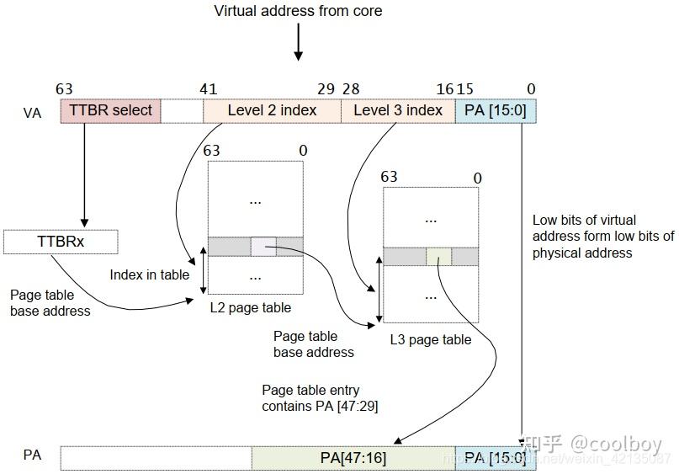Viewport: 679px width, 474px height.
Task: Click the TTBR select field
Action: [110, 111]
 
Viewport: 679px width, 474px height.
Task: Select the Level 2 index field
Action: [272, 111]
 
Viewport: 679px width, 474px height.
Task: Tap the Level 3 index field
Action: [397, 111]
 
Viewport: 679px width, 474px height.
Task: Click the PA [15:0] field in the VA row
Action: [495, 111]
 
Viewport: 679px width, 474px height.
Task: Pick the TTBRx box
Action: [61, 242]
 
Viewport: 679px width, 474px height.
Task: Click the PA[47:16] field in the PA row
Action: [353, 458]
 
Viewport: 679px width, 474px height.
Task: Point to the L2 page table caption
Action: [251, 308]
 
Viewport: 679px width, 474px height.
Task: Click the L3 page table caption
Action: [430, 340]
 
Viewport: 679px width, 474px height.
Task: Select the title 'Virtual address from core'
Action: [298, 11]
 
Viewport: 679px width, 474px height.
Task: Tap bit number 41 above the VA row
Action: [209, 89]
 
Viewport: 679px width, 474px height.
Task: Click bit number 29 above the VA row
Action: [326, 89]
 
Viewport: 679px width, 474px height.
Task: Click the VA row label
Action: [32, 113]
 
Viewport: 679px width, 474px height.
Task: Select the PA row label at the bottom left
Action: [32, 455]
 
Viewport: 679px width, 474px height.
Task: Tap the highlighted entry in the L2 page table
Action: [263, 247]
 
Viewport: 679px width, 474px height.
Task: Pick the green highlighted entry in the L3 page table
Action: [438, 257]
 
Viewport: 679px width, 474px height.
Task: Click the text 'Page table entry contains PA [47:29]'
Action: [310, 397]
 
